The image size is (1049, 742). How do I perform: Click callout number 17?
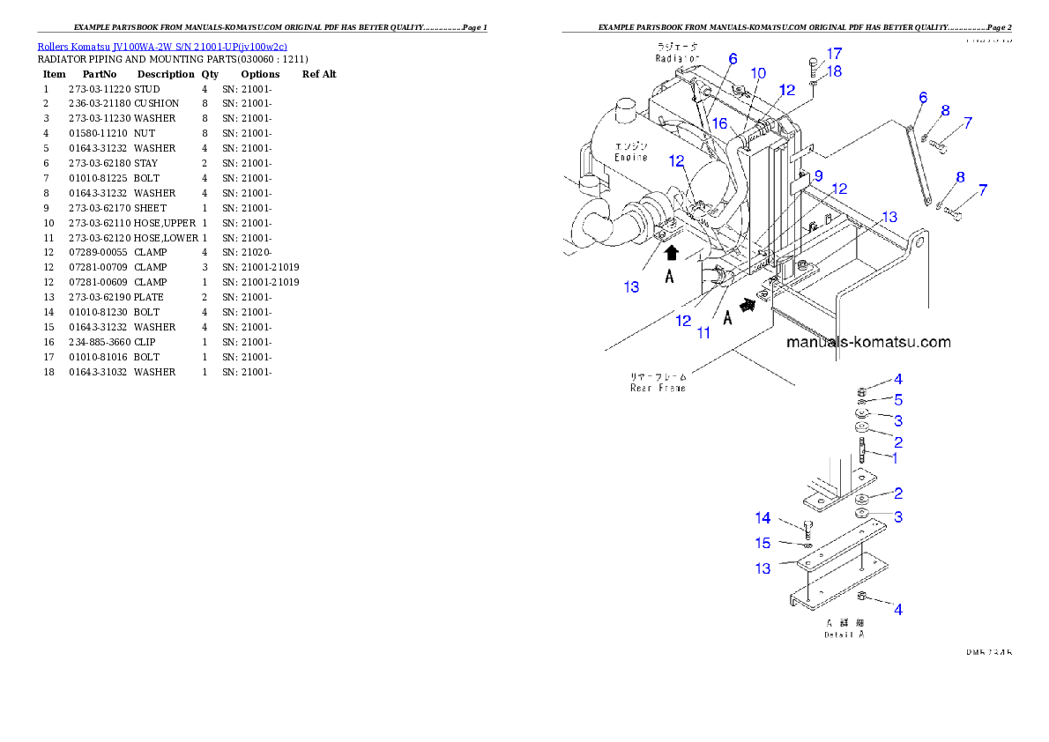pos(834,53)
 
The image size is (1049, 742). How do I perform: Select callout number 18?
pos(834,70)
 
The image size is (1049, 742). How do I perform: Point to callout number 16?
pos(719,124)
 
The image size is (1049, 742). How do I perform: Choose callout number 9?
pos(818,175)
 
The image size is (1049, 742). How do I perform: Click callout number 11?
pos(704,332)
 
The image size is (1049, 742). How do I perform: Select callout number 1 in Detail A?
pos(894,458)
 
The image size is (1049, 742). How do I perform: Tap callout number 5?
pos(897,399)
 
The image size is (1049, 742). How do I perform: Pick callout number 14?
pos(763,518)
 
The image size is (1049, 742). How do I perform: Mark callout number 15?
pos(763,543)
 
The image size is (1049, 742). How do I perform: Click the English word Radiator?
pos(676,58)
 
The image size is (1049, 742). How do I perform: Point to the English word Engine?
pos(631,158)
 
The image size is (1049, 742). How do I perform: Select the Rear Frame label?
pos(658,388)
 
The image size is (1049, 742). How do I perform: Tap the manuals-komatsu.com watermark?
pos(868,342)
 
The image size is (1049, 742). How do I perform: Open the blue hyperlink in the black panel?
pos(162,47)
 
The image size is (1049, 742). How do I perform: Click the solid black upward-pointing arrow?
pos(672,253)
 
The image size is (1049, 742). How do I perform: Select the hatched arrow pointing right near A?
pos(748,304)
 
